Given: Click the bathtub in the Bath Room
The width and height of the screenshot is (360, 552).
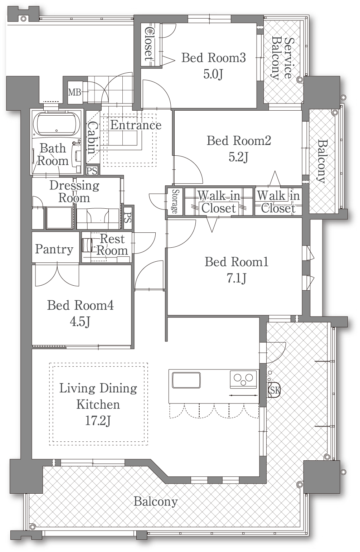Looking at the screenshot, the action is tap(57, 124).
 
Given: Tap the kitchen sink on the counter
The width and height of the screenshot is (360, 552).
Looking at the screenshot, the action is tap(186, 380).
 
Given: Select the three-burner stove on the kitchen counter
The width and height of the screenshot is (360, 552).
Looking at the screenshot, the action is tap(243, 379).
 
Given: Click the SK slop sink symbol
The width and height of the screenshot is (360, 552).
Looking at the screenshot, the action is tap(274, 390).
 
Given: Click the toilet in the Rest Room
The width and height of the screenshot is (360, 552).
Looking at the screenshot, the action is tap(87, 245).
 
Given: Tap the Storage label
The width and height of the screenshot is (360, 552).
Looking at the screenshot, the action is tap(175, 201).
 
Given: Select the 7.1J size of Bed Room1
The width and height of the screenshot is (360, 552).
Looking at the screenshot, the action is tap(236, 278).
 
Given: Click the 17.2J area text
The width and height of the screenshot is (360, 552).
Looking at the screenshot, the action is tap(98, 421).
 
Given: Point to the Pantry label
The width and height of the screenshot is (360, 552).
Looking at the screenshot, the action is tap(54, 250).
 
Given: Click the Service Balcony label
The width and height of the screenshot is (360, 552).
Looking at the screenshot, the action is tap(283, 58).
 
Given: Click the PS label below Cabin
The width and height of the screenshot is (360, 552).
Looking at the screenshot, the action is tap(92, 171).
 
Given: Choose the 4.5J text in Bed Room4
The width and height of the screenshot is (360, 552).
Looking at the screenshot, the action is tap(80, 321).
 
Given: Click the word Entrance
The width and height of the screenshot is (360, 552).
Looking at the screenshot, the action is tap(136, 125).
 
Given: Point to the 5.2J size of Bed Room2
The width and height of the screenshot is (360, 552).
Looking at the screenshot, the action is tap(238, 157).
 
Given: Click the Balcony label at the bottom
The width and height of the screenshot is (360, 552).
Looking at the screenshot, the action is tap(155, 502).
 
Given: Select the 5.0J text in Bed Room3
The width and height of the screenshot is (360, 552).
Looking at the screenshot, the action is tap(213, 74).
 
